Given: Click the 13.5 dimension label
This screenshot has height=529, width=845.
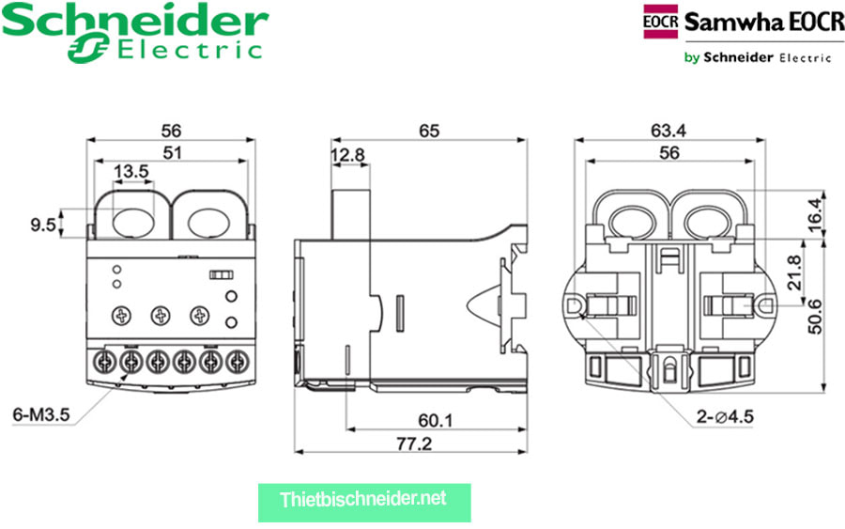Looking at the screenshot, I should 131,171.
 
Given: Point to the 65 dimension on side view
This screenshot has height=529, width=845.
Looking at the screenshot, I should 429,131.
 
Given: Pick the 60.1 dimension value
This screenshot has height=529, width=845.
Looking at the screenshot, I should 433,420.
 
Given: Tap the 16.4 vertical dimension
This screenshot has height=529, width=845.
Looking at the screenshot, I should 815,211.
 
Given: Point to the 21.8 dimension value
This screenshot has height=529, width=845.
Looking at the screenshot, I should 792,273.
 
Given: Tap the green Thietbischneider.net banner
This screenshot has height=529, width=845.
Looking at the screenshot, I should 363,498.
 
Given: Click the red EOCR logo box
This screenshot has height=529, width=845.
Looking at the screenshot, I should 660,22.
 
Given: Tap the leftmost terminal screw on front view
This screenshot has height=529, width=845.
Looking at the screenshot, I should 105,360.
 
